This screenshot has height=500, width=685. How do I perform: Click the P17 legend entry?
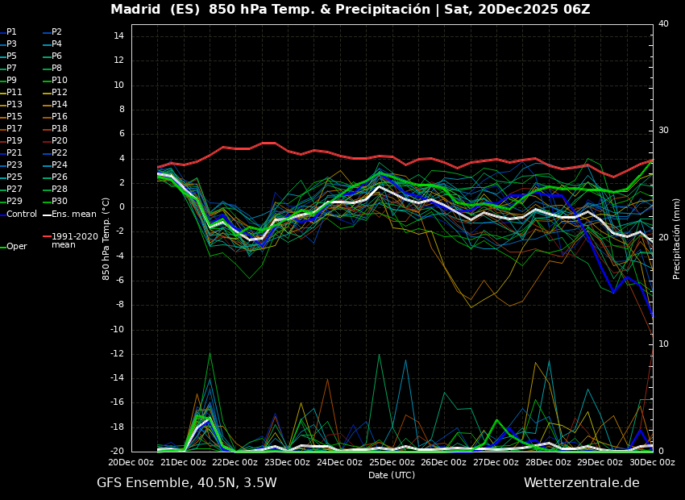15,129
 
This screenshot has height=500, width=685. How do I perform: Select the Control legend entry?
21,215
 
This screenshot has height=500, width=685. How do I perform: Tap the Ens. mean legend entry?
73,215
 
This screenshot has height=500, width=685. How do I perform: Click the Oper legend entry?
16,247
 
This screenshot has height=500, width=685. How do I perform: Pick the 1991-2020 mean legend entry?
74,240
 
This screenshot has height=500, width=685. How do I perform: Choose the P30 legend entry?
60,202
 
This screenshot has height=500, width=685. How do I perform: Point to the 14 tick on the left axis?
117,36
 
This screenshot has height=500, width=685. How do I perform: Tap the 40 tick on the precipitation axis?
663,24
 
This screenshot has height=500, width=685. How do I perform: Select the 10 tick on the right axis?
663,344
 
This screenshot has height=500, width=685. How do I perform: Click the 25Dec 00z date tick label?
392,463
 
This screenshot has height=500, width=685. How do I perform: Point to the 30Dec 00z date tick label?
652,463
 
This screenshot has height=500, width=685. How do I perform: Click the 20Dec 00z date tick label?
131,463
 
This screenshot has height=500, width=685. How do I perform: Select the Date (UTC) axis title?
392,476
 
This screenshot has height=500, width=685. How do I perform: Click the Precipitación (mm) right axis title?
677,238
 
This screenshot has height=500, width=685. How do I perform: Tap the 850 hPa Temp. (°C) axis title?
106,238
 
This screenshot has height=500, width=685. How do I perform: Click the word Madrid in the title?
135,10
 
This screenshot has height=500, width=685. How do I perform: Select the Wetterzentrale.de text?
581,483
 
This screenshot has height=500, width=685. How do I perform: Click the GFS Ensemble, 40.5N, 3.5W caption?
187,483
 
